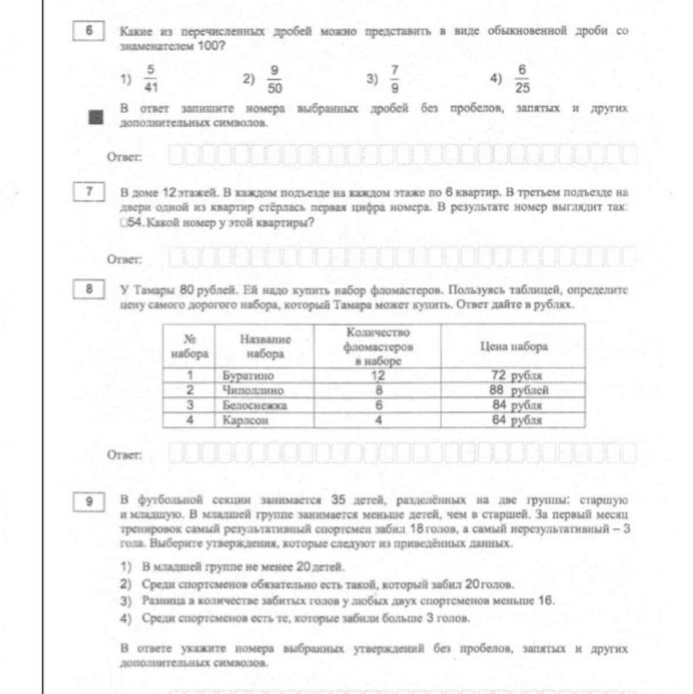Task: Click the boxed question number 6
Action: [89, 31]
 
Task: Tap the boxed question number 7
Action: [89, 191]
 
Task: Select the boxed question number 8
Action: [89, 289]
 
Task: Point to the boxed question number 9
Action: [89, 501]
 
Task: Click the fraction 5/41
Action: [150, 79]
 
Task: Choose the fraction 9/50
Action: [274, 79]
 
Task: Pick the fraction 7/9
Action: [395, 79]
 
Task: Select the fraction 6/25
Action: [522, 79]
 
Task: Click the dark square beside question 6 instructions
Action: [96, 117]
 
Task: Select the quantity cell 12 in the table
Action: [378, 375]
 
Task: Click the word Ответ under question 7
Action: [124, 260]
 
